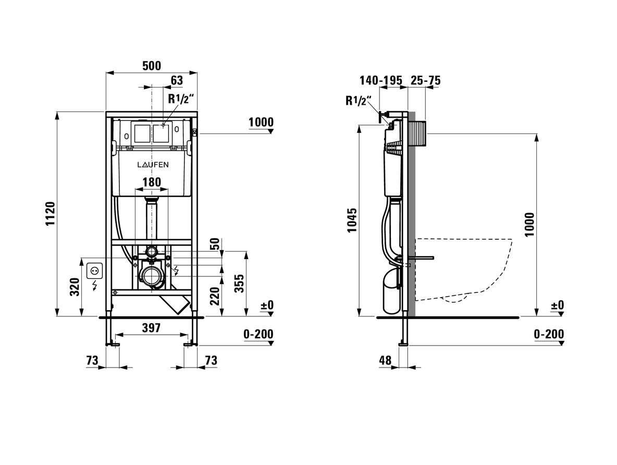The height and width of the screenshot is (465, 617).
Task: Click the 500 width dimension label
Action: click(152, 65)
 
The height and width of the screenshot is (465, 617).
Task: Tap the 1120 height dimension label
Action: click(51, 214)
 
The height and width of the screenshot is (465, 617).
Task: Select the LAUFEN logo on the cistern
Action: click(153, 165)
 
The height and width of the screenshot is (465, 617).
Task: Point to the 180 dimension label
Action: click(152, 182)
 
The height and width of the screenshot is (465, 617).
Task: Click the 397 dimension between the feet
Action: click(151, 327)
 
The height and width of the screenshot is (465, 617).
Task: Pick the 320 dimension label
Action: click(75, 287)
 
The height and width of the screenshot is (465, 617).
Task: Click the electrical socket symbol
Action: click(95, 271)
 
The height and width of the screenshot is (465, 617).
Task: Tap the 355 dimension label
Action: click(239, 283)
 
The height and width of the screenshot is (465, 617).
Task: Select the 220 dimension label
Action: click(215, 296)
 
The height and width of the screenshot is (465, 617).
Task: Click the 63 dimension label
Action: click(177, 80)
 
